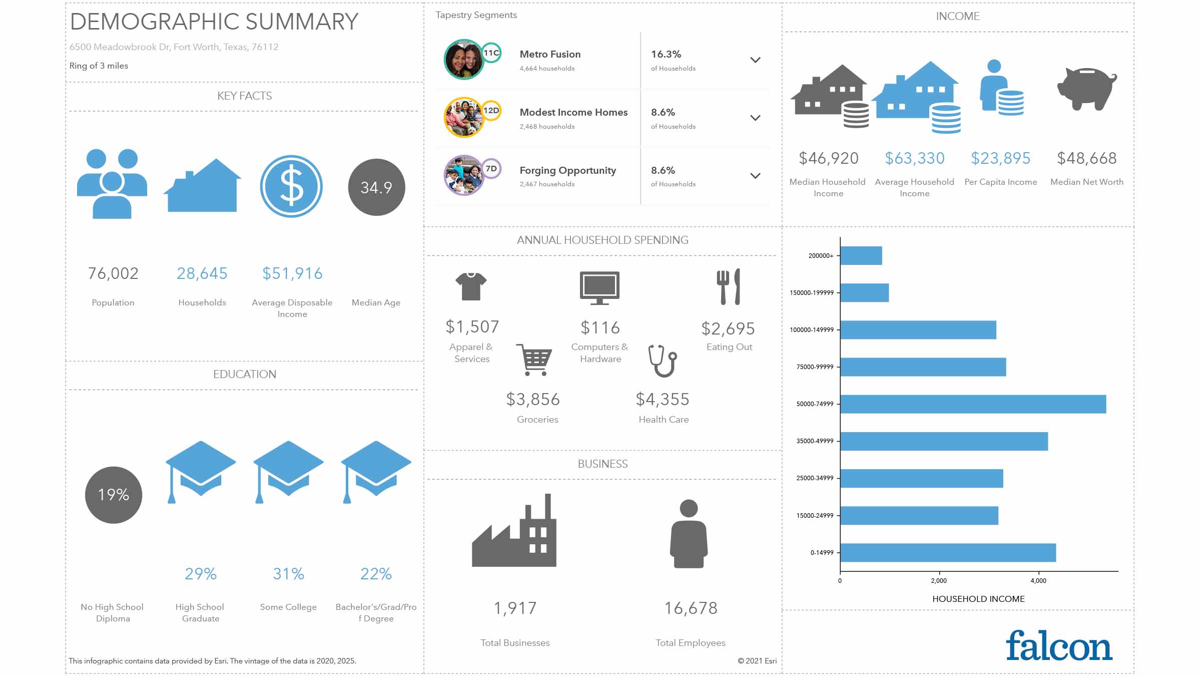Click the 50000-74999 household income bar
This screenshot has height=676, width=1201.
click(973, 404)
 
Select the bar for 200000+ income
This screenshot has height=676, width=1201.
click(861, 256)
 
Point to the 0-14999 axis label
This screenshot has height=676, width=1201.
click(822, 553)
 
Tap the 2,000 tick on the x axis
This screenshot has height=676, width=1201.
click(939, 581)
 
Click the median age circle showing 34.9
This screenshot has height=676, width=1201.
click(376, 187)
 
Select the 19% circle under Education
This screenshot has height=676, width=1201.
click(114, 495)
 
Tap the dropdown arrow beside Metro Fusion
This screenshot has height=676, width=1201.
click(755, 60)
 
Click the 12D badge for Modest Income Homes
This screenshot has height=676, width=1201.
click(491, 110)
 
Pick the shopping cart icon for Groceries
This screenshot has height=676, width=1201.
click(534, 359)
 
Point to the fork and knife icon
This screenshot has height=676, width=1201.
click(729, 287)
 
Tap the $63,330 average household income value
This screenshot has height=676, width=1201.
click(914, 158)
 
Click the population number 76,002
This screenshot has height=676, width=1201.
click(113, 273)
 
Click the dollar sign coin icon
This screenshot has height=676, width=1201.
click(291, 186)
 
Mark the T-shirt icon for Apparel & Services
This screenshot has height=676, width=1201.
click(471, 286)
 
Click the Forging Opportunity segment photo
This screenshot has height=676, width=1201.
click(463, 175)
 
